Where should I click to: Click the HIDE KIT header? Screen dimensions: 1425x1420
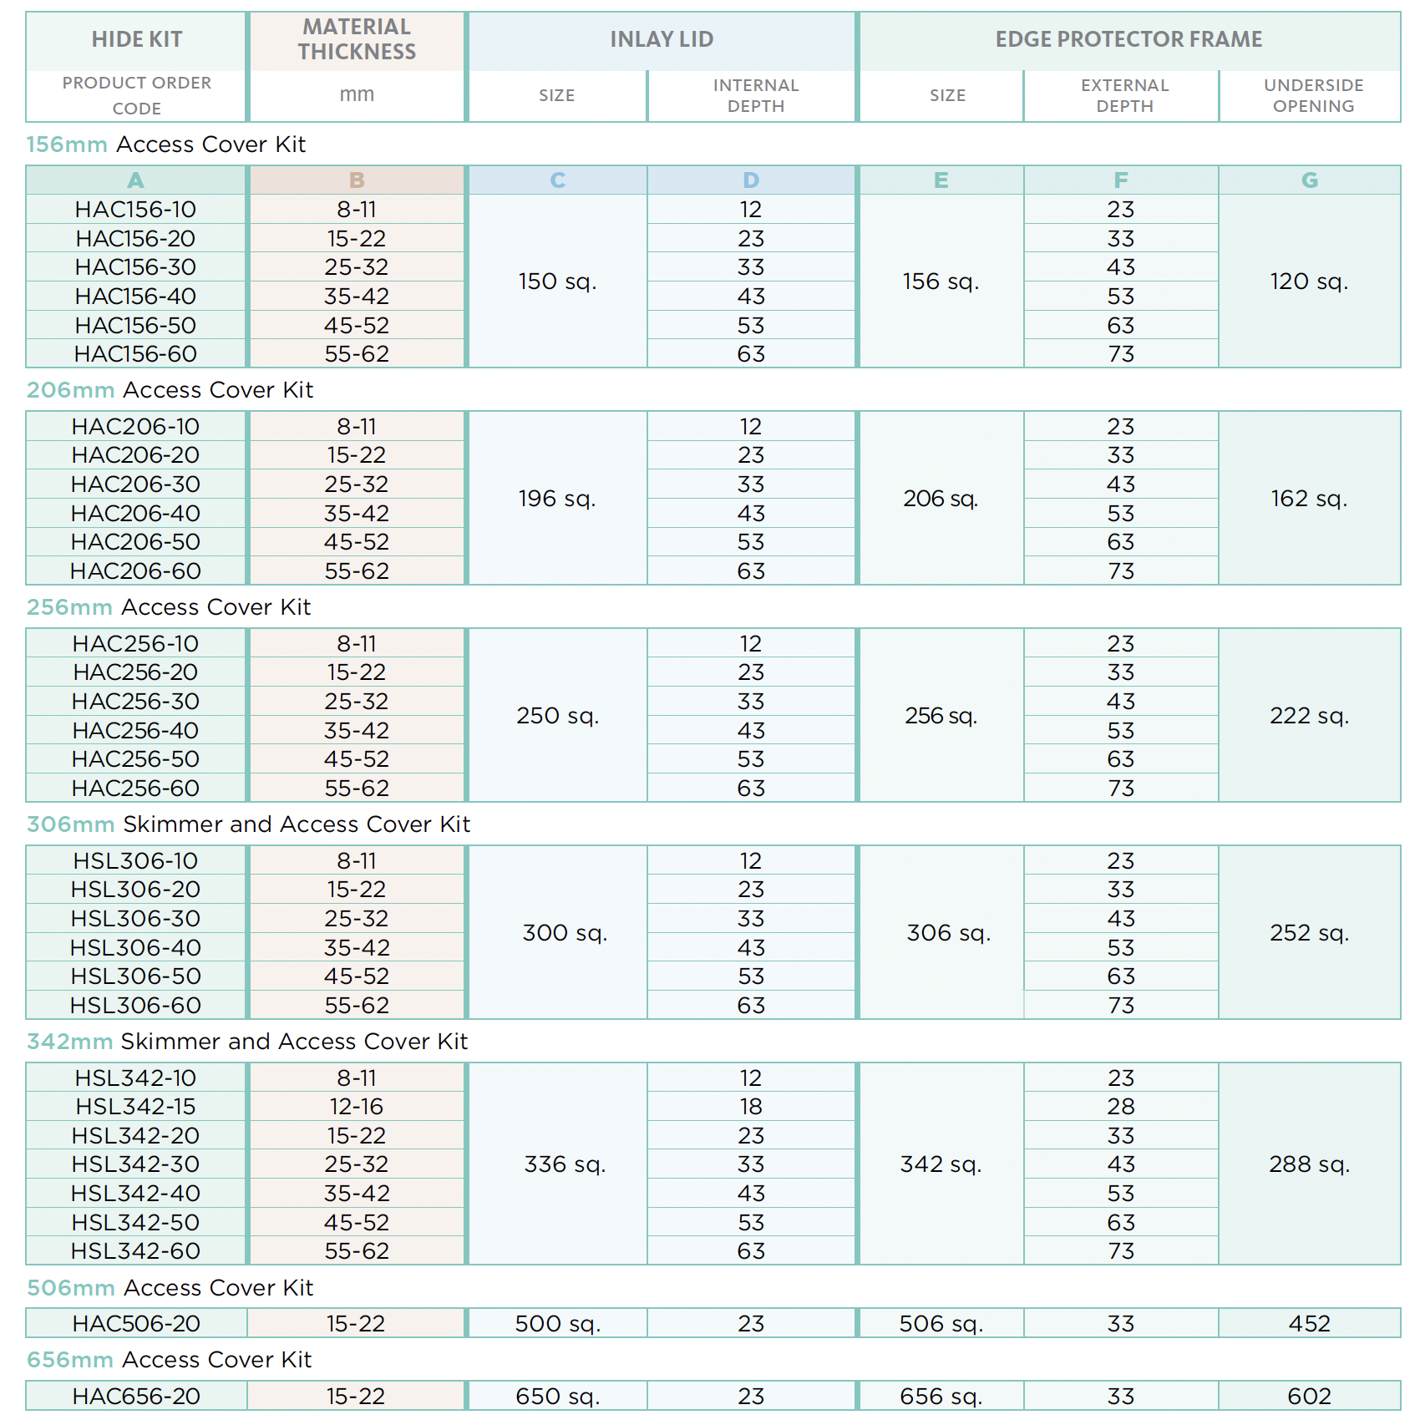coord(136,39)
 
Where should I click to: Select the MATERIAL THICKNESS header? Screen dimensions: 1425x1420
coord(357,39)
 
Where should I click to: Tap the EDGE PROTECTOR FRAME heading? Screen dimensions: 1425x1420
coord(1128,39)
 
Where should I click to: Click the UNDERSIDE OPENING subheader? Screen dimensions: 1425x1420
coord(1313,95)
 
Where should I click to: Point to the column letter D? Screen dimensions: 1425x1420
coord(751,180)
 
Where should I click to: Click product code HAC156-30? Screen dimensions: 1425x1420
coord(135,267)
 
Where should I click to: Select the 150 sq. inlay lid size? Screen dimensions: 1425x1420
coord(557,281)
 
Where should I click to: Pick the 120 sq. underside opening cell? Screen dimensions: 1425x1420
coord(1309,281)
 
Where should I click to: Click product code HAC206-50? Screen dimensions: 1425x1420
coord(135,542)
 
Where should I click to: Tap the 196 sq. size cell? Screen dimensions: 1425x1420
coord(557,499)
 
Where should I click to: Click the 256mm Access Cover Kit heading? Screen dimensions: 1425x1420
coord(169,607)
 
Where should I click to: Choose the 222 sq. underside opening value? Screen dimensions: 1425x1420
coord(1309,716)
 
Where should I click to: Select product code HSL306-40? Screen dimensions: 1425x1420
coord(135,948)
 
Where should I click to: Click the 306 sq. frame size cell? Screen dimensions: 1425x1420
coord(948,933)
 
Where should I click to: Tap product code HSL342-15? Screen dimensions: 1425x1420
coord(135,1107)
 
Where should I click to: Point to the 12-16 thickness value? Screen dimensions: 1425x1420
coord(356,1107)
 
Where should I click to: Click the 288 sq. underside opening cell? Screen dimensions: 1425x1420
coord(1309,1164)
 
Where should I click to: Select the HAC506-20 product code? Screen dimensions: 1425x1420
coord(136,1324)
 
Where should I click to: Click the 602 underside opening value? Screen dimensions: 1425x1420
coord(1309,1397)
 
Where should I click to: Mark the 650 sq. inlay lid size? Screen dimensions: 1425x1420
coord(557,1397)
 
